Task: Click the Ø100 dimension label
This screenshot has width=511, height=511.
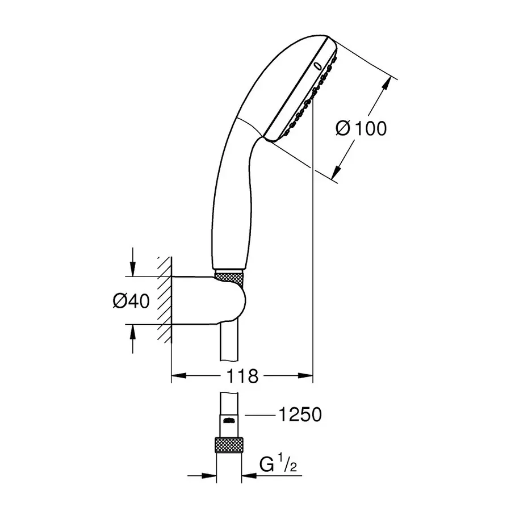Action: [x=361, y=128]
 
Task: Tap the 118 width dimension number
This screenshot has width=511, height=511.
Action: [x=243, y=375]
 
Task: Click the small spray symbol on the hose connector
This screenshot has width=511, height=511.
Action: [x=229, y=421]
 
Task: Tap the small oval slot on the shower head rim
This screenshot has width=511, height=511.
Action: [x=316, y=67]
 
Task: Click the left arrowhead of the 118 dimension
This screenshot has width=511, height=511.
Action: [x=178, y=375]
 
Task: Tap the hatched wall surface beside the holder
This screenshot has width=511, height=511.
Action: [x=164, y=301]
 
